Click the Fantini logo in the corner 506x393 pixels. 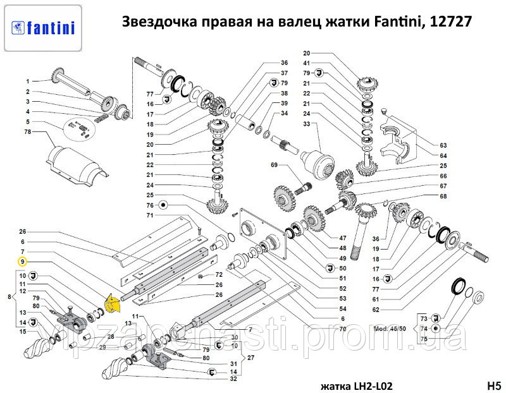42,27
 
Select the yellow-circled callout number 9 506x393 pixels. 22,261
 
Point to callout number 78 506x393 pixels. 28,131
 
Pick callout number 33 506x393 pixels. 307,124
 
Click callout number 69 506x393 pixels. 274,166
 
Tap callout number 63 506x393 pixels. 443,145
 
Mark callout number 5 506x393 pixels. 28,121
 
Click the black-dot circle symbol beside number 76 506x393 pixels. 163,205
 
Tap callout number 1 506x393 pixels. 28,82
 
